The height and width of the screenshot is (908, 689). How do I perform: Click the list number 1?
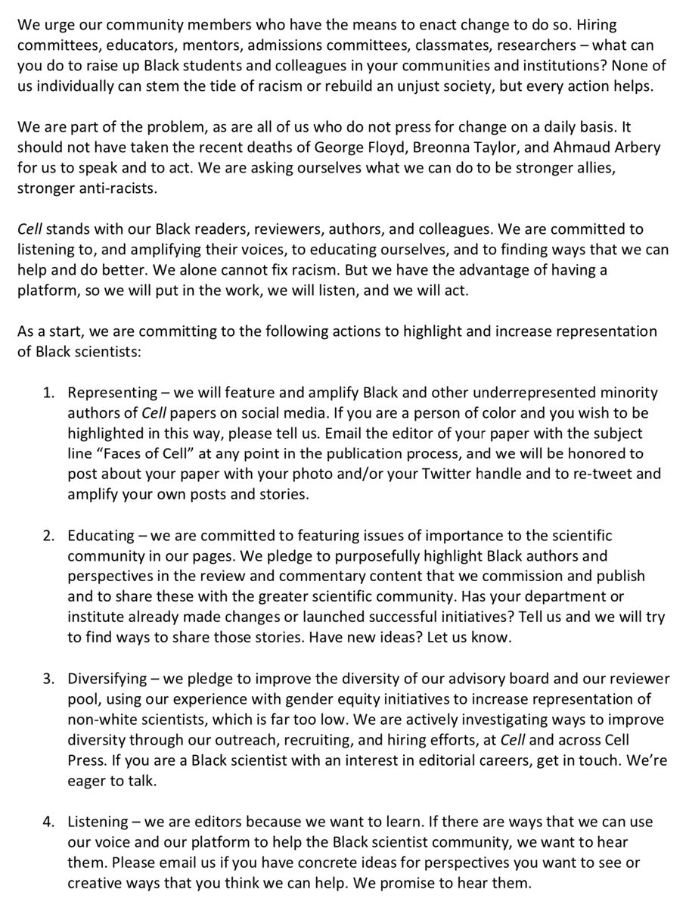[48, 393]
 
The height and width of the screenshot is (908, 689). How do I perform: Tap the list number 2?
[48, 536]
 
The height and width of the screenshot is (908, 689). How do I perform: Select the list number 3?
[48, 679]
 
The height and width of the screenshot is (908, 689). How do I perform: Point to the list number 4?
[48, 822]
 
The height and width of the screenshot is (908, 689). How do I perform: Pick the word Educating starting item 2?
[101, 536]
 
